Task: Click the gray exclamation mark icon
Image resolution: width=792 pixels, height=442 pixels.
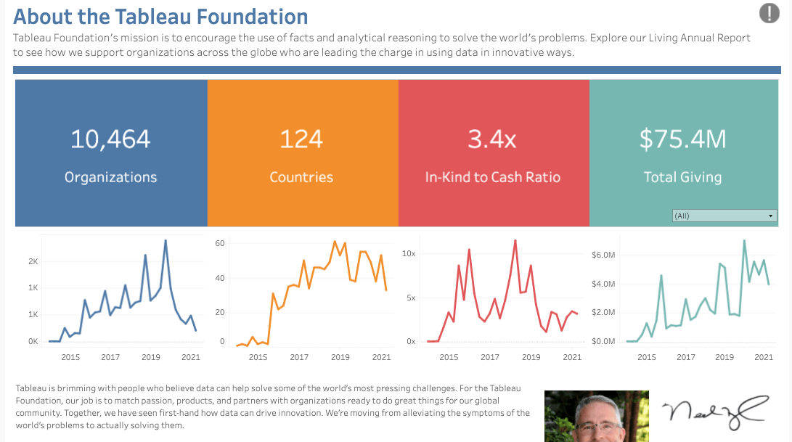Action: pyautogui.click(x=769, y=13)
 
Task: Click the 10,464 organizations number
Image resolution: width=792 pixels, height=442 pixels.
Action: pyautogui.click(x=110, y=139)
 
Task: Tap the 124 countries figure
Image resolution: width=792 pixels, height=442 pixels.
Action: pyautogui.click(x=301, y=139)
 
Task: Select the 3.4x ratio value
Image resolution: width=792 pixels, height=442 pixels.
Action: pyautogui.click(x=492, y=139)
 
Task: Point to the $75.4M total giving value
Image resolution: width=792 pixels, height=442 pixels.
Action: pyautogui.click(x=682, y=139)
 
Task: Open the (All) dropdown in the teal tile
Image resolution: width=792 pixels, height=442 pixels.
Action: pyautogui.click(x=724, y=216)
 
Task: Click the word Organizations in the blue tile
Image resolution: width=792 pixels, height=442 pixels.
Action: pyautogui.click(x=110, y=177)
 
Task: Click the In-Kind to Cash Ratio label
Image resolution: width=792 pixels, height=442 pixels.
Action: pyautogui.click(x=492, y=177)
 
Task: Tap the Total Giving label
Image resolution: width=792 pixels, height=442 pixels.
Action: pyautogui.click(x=682, y=177)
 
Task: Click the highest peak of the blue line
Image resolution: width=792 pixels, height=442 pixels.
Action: pyautogui.click(x=166, y=240)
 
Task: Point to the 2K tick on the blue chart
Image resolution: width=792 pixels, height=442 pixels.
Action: pyautogui.click(x=33, y=261)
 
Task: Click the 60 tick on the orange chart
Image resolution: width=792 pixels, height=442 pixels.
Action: pyautogui.click(x=220, y=243)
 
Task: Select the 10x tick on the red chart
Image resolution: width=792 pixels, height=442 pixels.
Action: pyautogui.click(x=409, y=253)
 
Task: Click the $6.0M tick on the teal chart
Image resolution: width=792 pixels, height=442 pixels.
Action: pyautogui.click(x=603, y=255)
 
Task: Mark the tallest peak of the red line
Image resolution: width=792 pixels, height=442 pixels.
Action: pyautogui.click(x=515, y=240)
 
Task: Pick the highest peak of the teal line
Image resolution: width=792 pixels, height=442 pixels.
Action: pyautogui.click(x=744, y=240)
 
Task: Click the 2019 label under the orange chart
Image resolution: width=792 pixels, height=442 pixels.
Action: pyautogui.click(x=340, y=357)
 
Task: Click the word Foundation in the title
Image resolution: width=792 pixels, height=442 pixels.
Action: pyautogui.click(x=258, y=16)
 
